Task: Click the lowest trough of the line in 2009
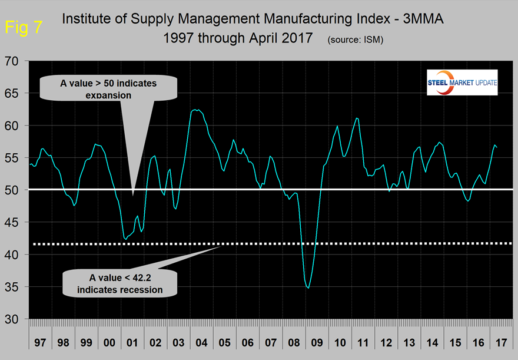coord(308,288)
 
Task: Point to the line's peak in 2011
coord(357,118)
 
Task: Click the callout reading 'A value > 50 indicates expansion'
coord(108,90)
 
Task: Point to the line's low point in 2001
coord(125,239)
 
